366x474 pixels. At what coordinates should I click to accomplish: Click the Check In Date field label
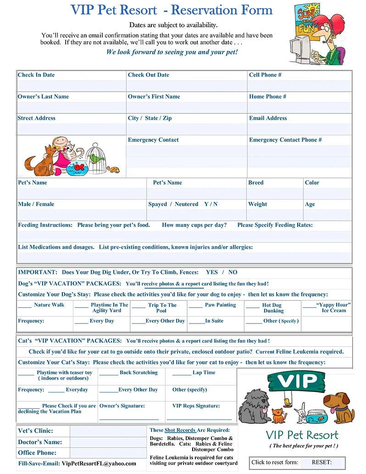pyautogui.click(x=36, y=75)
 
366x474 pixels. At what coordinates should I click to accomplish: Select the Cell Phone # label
pyautogui.click(x=265, y=75)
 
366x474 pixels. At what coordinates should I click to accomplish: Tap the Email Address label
pyautogui.click(x=268, y=118)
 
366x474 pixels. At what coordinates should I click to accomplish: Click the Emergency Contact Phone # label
pyautogui.click(x=285, y=139)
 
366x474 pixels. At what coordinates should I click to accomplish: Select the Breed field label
pyautogui.click(x=256, y=182)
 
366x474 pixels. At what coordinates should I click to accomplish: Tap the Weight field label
pyautogui.click(x=257, y=204)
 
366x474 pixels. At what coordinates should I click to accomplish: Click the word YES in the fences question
pyautogui.click(x=212, y=272)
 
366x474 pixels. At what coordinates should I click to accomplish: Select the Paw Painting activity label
pyautogui.click(x=220, y=305)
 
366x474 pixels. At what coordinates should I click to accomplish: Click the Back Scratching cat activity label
pyautogui.click(x=139, y=373)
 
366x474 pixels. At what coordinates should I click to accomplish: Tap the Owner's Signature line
pyautogui.click(x=129, y=418)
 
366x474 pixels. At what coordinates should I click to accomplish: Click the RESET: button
pyautogui.click(x=322, y=463)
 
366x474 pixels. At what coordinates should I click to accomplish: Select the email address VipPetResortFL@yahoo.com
pyautogui.click(x=99, y=463)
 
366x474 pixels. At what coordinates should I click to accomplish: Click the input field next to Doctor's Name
pyautogui.click(x=108, y=442)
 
